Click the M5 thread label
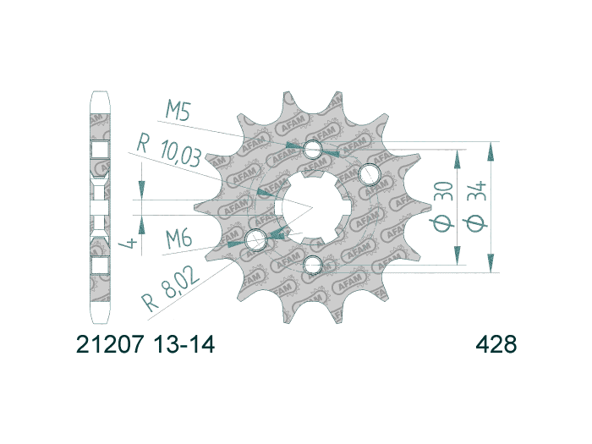coord(180,111)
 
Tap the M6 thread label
coord(179,240)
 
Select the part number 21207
coord(106,345)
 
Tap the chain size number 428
coord(496,345)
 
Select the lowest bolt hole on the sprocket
coord(314,266)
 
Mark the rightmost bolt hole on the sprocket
coord(370,175)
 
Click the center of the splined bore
coord(312,207)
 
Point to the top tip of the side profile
coord(100,90)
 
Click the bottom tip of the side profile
coord(100,325)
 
